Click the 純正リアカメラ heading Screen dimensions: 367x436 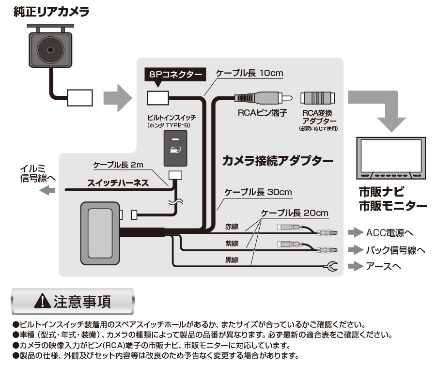tap(51, 13)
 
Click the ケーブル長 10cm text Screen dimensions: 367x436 tap(249, 74)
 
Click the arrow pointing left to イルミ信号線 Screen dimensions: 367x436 tap(47, 191)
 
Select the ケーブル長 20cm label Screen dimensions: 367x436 tap(295, 213)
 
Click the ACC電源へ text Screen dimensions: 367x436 tap(390, 233)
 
